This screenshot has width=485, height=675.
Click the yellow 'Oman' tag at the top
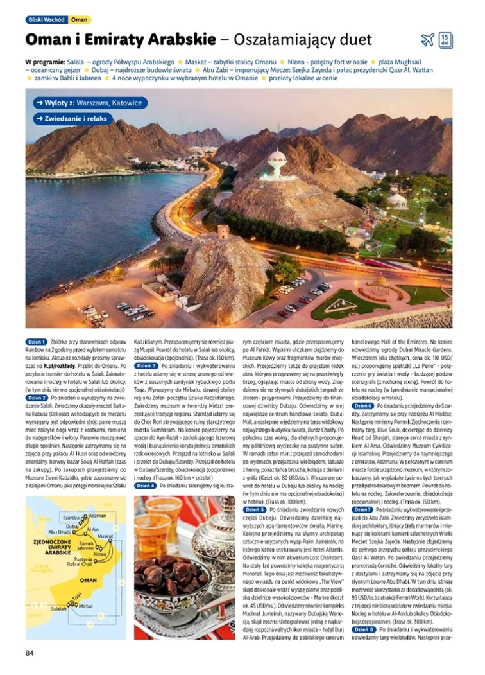[x=80, y=20]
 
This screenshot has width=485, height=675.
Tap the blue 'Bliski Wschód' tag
[x=46, y=20]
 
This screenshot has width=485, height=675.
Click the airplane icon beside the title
[x=428, y=40]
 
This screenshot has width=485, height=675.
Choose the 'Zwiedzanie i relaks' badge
[x=74, y=119]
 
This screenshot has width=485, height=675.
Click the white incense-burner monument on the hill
[x=277, y=164]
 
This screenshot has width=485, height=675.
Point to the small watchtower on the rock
[x=223, y=231]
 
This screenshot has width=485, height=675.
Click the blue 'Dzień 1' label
[x=36, y=342]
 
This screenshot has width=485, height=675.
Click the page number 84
[x=29, y=653]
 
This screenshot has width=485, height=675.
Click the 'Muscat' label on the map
[x=105, y=535]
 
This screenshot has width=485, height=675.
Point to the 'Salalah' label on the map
[x=58, y=608]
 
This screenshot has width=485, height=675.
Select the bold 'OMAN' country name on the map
[x=88, y=579]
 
